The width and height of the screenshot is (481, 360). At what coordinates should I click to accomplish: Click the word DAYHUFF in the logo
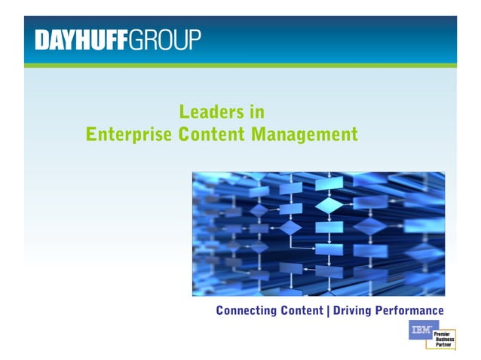[x=81, y=39]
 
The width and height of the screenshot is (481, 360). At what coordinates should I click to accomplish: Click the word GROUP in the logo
[x=165, y=39]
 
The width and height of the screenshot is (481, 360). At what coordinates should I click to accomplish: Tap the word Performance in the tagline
[x=411, y=310]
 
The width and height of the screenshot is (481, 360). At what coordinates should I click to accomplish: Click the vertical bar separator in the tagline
[x=328, y=310]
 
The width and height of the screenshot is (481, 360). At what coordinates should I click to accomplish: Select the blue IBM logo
[x=423, y=329]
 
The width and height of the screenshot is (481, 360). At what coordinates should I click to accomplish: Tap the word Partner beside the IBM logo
[x=443, y=344]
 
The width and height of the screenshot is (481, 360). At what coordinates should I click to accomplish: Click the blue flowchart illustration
[x=318, y=233]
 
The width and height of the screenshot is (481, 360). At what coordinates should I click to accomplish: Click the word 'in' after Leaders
[x=257, y=113]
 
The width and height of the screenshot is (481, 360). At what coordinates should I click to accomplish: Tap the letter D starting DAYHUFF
[x=41, y=39]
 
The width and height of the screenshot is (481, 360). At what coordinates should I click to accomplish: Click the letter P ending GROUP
[x=195, y=39]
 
